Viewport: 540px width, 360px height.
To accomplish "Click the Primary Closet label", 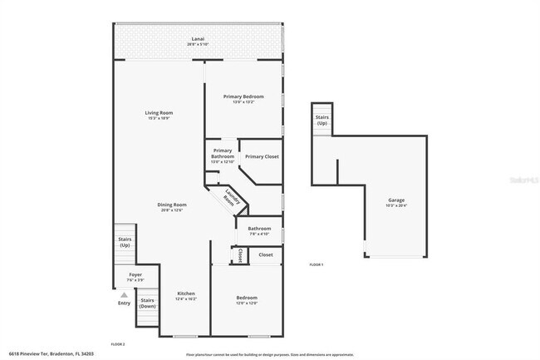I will tap(262, 156).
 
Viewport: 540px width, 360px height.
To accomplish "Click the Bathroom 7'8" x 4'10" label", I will tap(259, 230).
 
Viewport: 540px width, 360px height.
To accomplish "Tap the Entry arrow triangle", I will tap(124, 294).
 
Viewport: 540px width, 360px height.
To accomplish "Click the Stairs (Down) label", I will tap(147, 303).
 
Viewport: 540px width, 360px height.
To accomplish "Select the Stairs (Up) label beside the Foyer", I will tap(125, 243).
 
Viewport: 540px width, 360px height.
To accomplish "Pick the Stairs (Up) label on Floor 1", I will tap(322, 120).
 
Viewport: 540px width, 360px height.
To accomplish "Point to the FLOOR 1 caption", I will tap(316, 264).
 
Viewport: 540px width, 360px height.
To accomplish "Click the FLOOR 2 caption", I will tap(117, 343).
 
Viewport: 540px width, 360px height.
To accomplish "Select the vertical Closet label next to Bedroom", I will tap(240, 255).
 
